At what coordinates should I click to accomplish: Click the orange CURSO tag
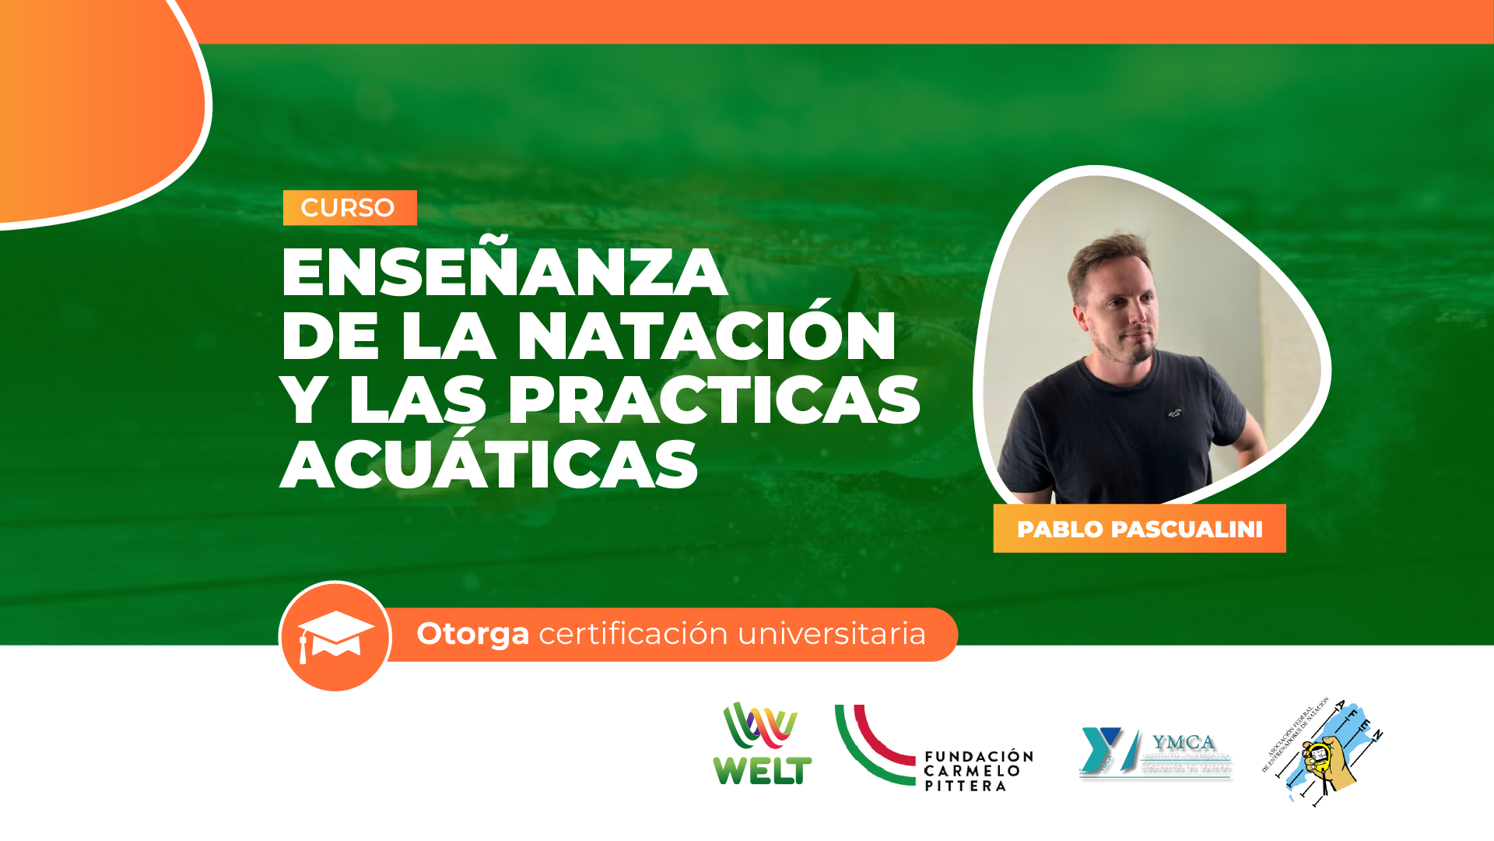(349, 208)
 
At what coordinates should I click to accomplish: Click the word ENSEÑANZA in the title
(504, 273)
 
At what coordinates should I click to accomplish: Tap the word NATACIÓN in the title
(707, 336)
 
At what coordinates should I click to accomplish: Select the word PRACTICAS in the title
(714, 400)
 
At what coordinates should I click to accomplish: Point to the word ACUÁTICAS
(489, 465)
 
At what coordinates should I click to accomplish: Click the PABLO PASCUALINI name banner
(1139, 529)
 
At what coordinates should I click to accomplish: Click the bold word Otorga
(472, 634)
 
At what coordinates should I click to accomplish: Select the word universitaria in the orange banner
(832, 634)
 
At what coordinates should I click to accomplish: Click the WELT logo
(762, 744)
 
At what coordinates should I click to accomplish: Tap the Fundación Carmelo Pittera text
(978, 771)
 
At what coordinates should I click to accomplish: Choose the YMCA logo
(1155, 752)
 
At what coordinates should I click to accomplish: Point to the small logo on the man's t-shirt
(1174, 413)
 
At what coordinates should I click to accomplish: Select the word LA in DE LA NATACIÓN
(448, 336)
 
